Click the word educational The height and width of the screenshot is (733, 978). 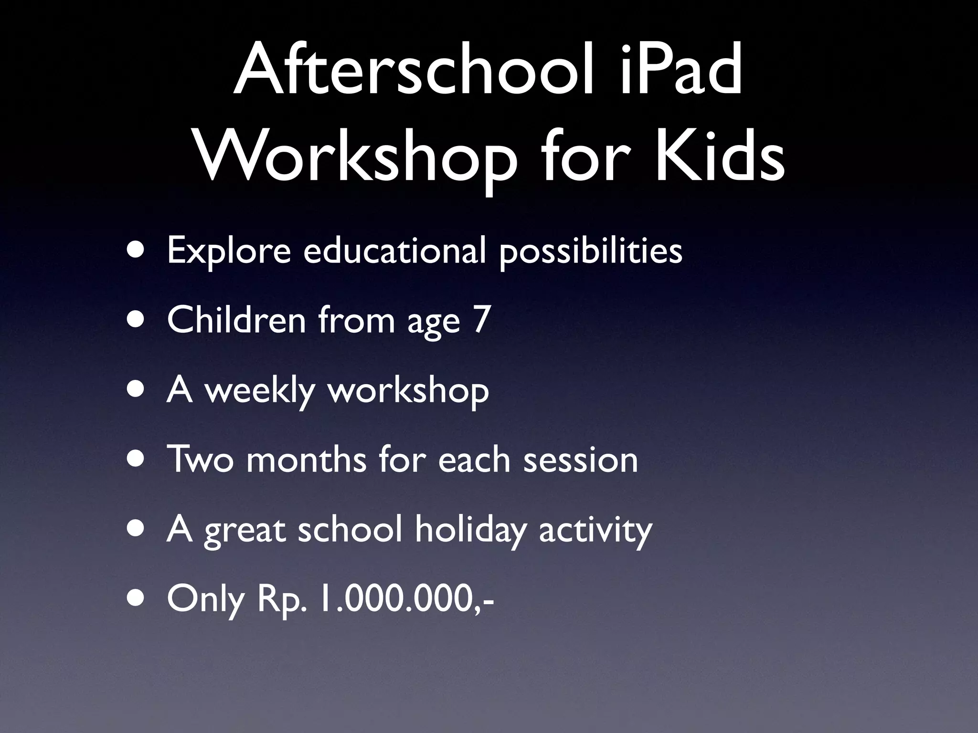[394, 251]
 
